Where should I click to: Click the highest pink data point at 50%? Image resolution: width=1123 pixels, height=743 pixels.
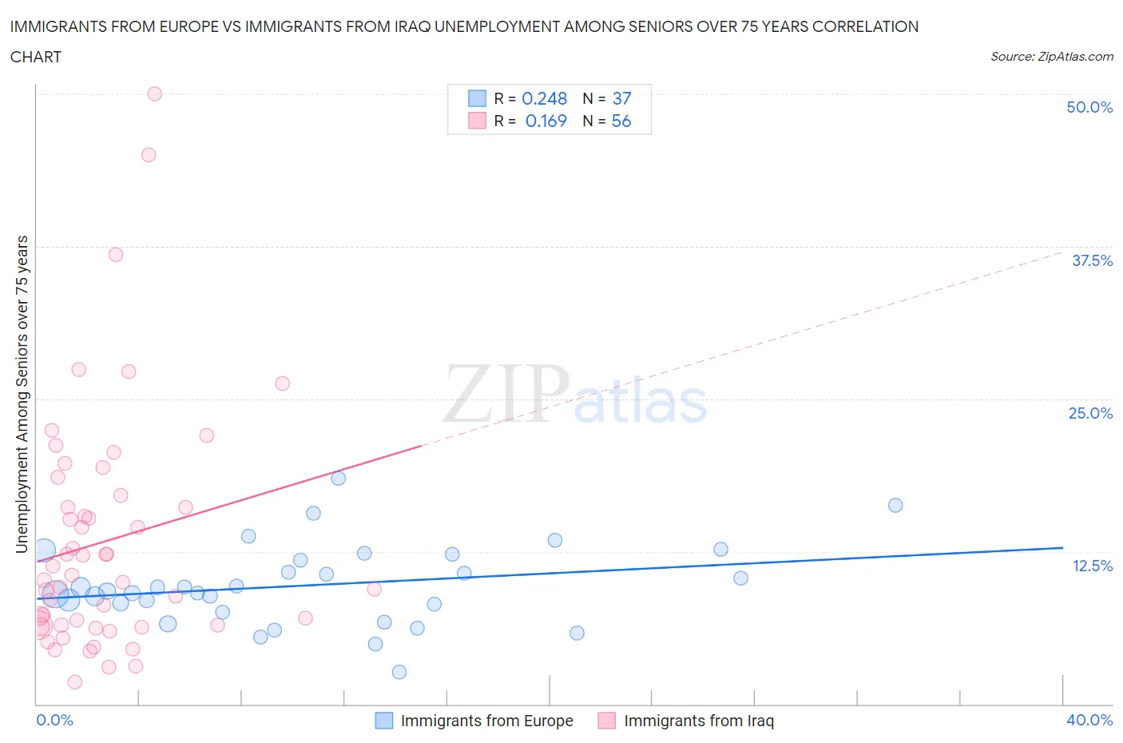pos(155,93)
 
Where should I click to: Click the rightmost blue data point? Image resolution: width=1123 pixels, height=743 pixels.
pos(895,505)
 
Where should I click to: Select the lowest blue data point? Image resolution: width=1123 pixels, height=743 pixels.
pos(399,672)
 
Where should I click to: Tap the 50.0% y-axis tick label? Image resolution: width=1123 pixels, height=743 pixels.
pos(1089,107)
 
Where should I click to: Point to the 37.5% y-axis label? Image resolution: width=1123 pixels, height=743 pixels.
pos(1092,260)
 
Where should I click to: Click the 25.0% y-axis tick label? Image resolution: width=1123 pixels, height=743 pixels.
pos(1090,413)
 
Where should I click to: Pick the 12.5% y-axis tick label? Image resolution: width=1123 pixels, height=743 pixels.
pos(1092,566)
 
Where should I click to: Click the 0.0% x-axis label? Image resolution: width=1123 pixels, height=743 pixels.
pos(54,720)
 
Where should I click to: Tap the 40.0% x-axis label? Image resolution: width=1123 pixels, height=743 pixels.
pos(1089,720)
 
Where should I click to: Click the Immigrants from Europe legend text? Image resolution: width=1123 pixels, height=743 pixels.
pos(486,721)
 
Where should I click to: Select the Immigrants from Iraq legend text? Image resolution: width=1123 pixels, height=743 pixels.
pos(699,721)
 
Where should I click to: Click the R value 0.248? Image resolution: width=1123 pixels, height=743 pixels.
pos(544,98)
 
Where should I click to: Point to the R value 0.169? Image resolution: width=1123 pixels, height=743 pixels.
pos(546,121)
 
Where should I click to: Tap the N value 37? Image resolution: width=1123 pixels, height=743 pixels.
pos(621,98)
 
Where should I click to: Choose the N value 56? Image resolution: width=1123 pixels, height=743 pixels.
pos(621,121)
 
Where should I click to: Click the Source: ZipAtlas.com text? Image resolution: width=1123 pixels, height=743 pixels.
pos(1051,56)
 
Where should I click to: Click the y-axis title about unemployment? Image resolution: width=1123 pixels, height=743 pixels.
pos(22,395)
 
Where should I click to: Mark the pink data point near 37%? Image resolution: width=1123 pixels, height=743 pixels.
pos(116,255)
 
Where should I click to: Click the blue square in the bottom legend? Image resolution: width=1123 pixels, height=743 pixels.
pos(384,721)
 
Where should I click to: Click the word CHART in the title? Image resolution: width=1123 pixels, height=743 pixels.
pos(36,57)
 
